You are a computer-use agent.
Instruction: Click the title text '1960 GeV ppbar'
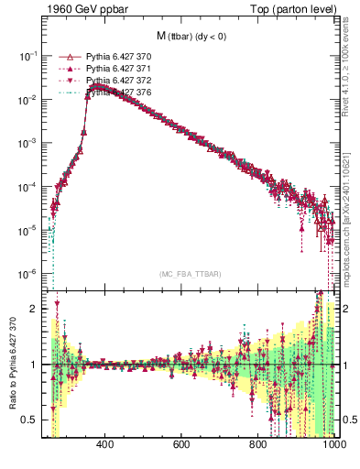[x=84, y=10]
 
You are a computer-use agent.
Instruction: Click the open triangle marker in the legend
[x=65, y=57]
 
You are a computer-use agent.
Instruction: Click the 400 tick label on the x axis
[x=104, y=446]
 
